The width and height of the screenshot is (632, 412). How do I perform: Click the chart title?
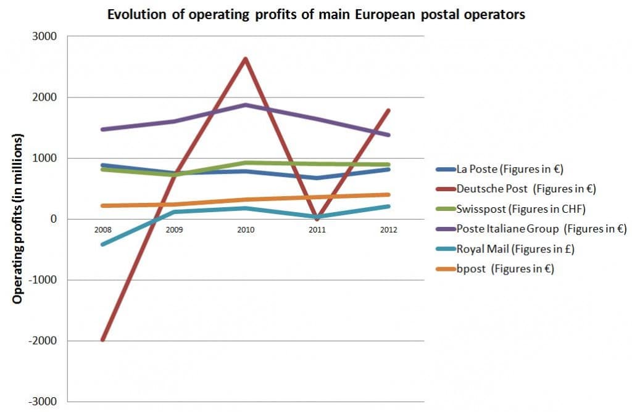point(316,14)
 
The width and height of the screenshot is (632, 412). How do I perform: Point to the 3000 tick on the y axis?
point(44,36)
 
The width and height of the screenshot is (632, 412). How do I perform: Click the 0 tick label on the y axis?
point(53,219)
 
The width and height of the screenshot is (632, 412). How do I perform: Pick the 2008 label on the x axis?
point(103,229)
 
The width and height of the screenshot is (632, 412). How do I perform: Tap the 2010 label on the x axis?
point(246,229)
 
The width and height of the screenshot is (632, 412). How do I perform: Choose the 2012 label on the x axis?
point(388,229)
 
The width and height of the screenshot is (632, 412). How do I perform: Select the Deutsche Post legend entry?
point(514,188)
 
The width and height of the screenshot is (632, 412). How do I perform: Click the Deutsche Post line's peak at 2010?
point(246,59)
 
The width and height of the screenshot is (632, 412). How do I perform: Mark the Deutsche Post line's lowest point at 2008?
point(103,339)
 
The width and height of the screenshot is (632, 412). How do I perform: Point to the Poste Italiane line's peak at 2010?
point(246,105)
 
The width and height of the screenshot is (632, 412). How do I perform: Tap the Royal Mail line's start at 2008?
point(103,244)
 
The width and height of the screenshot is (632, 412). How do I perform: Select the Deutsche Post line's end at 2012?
point(388,110)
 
